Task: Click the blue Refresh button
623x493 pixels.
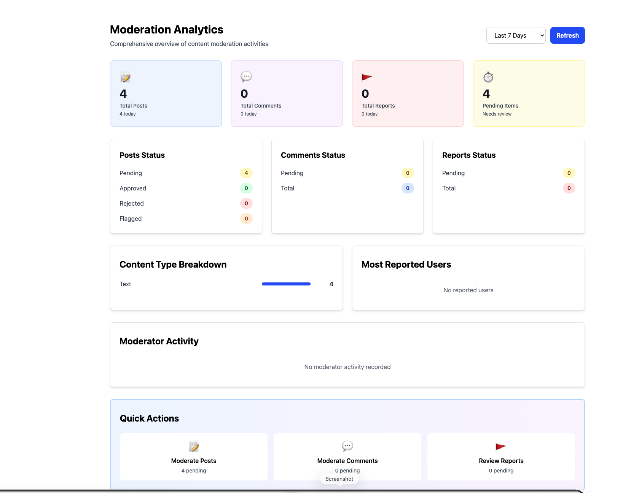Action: [x=567, y=35]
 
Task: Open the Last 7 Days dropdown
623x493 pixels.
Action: [x=515, y=35]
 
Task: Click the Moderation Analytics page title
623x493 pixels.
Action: [x=166, y=30]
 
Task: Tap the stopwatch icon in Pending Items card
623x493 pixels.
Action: [x=488, y=77]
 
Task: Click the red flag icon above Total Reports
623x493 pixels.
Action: [x=366, y=77]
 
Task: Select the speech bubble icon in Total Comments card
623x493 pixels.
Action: [x=246, y=77]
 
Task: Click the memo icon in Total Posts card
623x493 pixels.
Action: [x=125, y=77]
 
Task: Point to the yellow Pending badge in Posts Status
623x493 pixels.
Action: [x=246, y=173]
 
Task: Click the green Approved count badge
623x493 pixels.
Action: [x=246, y=188]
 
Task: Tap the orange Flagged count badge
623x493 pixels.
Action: [x=246, y=219]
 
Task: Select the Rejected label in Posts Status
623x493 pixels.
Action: [x=131, y=203]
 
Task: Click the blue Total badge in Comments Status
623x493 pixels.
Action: [x=407, y=188]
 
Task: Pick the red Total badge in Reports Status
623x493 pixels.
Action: [x=569, y=188]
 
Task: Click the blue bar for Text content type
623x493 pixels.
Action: [x=286, y=284]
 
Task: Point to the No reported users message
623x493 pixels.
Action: [x=468, y=290]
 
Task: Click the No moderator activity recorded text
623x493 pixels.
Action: [x=347, y=367]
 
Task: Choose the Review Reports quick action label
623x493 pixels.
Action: [x=501, y=461]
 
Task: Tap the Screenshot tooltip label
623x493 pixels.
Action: [x=339, y=479]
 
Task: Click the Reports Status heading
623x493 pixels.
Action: [x=468, y=155]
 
